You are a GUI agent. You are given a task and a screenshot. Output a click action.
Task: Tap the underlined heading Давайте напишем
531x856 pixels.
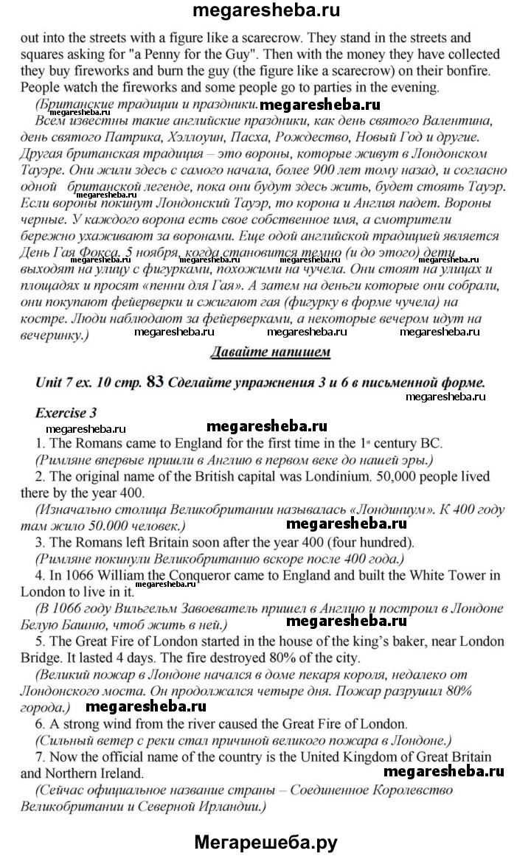[270, 351]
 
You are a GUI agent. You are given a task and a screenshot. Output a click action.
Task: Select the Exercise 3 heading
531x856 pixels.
[66, 412]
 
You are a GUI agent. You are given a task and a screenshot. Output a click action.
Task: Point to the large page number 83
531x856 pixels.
[155, 382]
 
